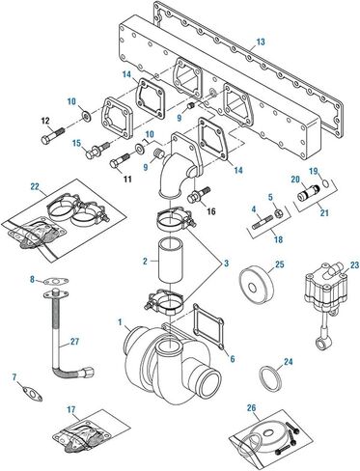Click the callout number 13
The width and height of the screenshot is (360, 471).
click(x=261, y=42)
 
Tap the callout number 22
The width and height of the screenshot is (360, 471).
click(x=35, y=186)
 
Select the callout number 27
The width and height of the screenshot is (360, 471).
click(x=74, y=342)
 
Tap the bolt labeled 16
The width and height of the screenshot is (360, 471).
click(x=200, y=195)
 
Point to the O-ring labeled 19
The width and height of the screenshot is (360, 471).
click(x=325, y=183)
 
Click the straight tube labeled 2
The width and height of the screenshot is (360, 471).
click(x=171, y=260)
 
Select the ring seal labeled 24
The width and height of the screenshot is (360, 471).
click(x=270, y=380)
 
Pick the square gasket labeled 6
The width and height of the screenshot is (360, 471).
click(x=208, y=327)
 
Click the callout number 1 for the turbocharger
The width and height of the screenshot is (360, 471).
click(x=120, y=321)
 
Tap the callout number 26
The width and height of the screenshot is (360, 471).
click(x=251, y=408)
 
